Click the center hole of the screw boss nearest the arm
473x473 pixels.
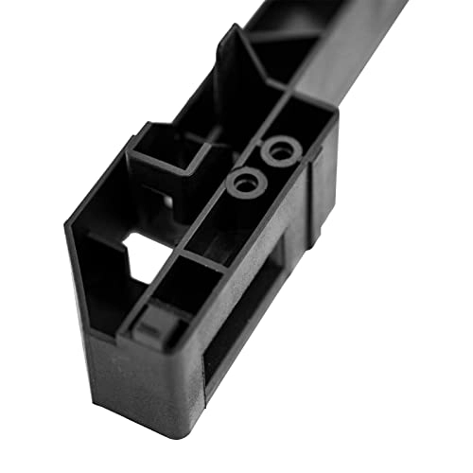point(280,149)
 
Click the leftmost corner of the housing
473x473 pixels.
point(68,225)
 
